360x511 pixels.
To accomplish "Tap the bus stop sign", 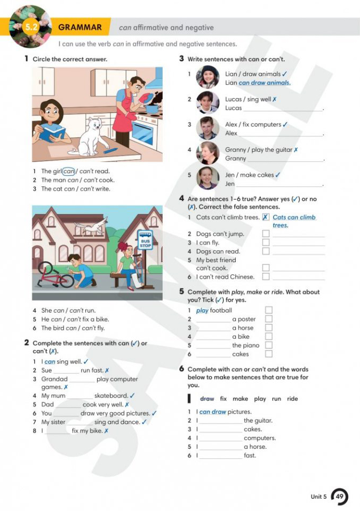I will [x=145, y=240].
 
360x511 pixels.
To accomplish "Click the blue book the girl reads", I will [x=53, y=130].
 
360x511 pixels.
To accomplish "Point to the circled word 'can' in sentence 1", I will [x=69, y=171].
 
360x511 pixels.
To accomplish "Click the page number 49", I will [x=340, y=497].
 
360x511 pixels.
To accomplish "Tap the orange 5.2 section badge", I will [x=31, y=27].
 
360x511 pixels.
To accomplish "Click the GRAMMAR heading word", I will [x=80, y=27].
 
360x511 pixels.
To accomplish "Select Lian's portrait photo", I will [x=207, y=77].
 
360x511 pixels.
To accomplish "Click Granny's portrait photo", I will [x=207, y=153].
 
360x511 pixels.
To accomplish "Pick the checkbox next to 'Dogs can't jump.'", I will [x=266, y=233].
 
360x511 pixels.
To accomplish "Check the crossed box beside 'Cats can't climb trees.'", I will [x=266, y=217].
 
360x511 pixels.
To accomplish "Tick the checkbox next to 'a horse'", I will [x=269, y=328].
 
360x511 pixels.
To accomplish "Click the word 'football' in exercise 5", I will [x=221, y=310].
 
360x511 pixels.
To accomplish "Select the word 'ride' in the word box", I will [x=292, y=399].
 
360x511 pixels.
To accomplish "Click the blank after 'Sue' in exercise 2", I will [x=66, y=371].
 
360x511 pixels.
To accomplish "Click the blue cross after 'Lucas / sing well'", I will [x=275, y=99].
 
